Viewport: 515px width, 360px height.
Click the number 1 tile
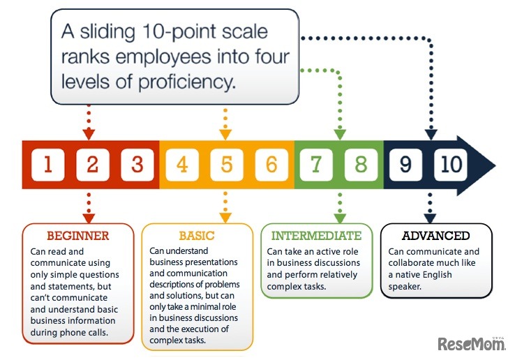47,165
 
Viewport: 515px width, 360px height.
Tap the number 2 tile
92,165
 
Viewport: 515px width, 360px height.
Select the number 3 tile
137,165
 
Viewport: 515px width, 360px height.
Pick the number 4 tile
182,165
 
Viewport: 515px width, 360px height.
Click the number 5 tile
227,165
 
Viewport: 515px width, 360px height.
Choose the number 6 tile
271,165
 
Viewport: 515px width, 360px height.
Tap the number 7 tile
316,165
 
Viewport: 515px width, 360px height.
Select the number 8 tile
361,165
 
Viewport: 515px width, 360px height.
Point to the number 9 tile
406,165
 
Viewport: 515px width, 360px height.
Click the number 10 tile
451,165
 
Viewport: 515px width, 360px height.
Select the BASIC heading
197,236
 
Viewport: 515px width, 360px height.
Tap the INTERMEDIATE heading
317,236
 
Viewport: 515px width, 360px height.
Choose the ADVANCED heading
436,236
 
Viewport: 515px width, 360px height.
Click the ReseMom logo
472,343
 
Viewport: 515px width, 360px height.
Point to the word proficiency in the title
188,82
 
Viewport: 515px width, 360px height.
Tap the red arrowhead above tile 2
89,133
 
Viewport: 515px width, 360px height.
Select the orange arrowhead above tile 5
225,133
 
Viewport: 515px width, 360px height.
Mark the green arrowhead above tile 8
340,133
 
